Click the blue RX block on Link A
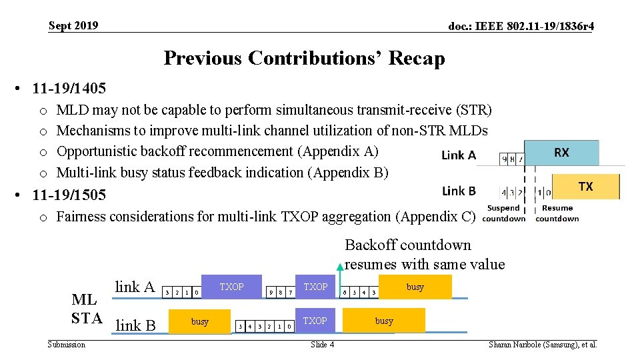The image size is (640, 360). click(x=561, y=153)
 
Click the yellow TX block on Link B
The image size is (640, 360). click(x=585, y=186)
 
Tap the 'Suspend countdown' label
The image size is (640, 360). click(x=503, y=213)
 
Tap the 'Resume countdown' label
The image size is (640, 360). click(x=557, y=213)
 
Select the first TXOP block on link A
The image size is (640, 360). click(x=232, y=287)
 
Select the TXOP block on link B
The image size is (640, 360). click(x=315, y=321)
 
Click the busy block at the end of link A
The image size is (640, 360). click(x=415, y=287)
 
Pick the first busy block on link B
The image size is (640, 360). click(x=199, y=321)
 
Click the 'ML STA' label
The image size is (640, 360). click(x=87, y=308)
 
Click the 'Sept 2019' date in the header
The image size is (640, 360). click(x=73, y=26)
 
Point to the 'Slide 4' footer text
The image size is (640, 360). click(x=323, y=345)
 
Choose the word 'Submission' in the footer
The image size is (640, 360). click(x=67, y=345)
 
